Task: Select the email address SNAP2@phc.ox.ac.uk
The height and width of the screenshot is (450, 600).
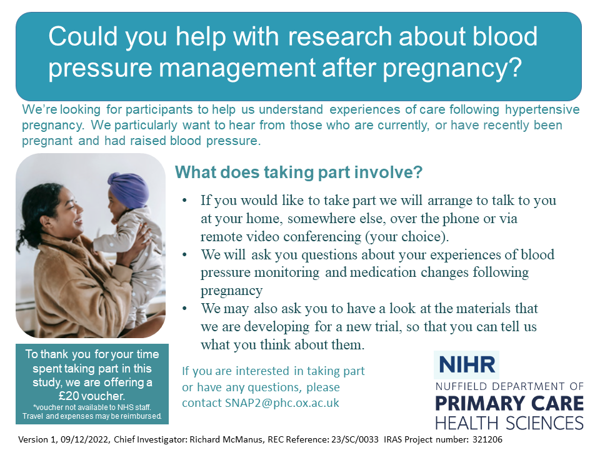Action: point(282,403)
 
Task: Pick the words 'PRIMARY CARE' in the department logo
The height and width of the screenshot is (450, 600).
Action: point(509,403)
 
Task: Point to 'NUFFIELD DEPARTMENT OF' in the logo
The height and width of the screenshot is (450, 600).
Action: point(509,386)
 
